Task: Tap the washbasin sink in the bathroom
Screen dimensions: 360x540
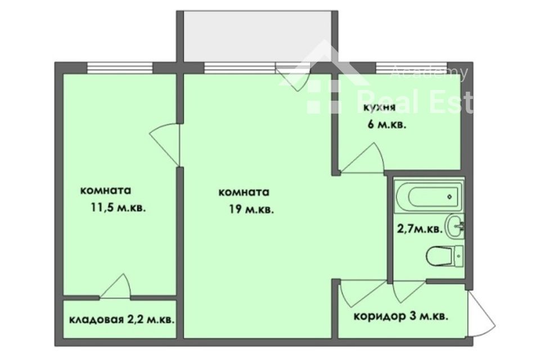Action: point(454,226)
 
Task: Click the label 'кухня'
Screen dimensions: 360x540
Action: point(379,108)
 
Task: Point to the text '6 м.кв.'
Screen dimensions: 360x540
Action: point(386,125)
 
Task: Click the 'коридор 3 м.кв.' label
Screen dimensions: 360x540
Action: point(401,316)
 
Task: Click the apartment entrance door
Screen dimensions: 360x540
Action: point(480,312)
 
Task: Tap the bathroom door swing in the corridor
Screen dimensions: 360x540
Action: point(408,290)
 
